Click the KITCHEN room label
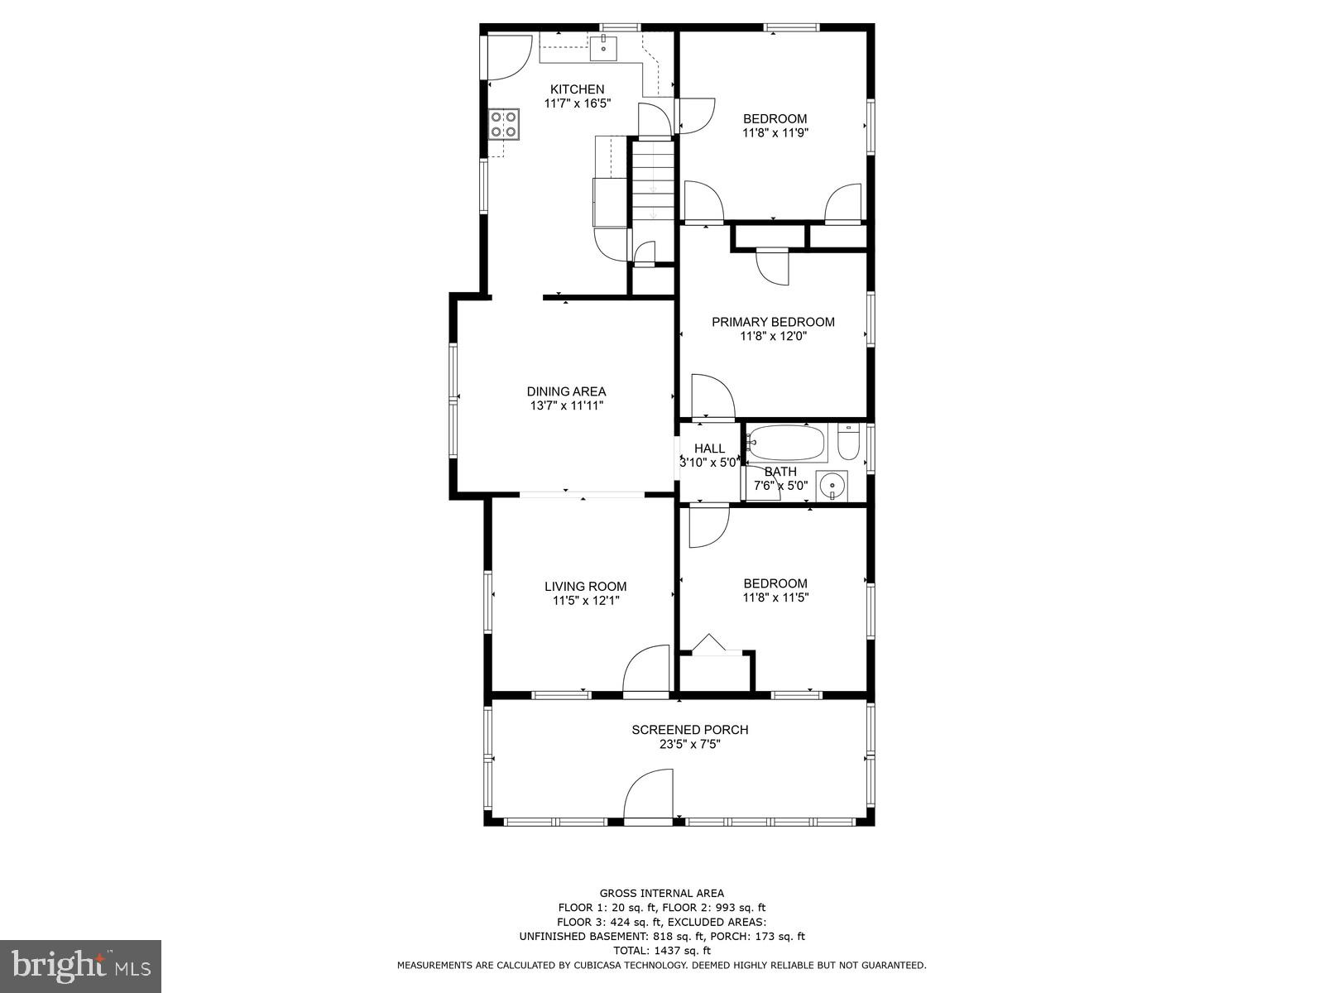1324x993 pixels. point(578,89)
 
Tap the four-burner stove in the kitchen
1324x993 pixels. point(504,123)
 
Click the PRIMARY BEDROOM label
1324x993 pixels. point(773,322)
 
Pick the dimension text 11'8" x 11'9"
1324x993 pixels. point(775,132)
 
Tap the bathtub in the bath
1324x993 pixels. point(786,444)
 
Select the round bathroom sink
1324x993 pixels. point(832,485)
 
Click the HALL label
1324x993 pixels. point(709,449)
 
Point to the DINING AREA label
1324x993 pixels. point(566,391)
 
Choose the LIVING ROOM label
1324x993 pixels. point(585,587)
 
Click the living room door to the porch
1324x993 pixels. point(646,670)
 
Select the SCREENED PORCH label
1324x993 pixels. point(689,730)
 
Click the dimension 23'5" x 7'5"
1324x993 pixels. point(689,745)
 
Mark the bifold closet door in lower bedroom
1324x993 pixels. point(709,645)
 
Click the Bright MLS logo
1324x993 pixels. point(80,966)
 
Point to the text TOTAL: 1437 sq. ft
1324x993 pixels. point(661,951)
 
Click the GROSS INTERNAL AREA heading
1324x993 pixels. point(661,893)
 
